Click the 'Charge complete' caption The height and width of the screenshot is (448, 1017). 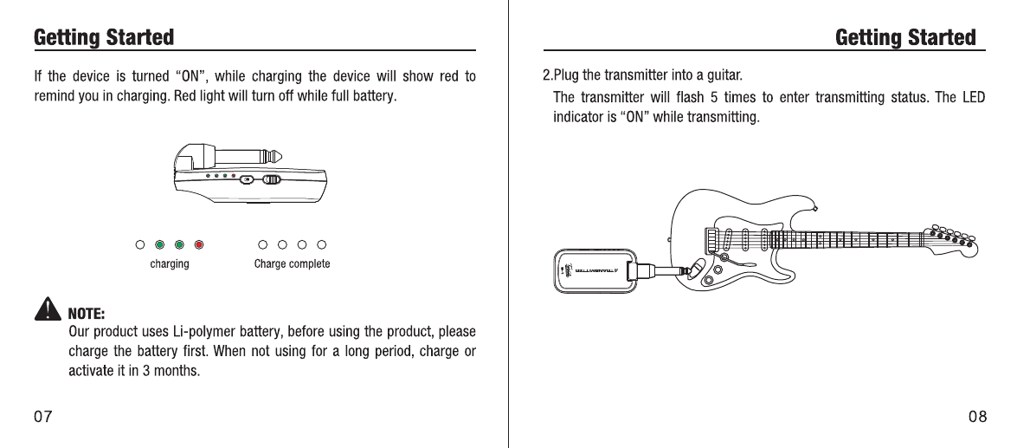292,263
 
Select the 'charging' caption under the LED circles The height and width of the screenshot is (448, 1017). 169,263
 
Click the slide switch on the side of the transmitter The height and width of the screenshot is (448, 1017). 272,180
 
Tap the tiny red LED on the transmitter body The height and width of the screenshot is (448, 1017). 234,177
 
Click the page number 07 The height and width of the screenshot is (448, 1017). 42,417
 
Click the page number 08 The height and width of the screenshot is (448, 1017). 977,417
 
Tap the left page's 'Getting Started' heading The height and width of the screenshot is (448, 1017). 103,38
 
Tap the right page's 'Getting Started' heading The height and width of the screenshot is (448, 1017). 905,38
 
